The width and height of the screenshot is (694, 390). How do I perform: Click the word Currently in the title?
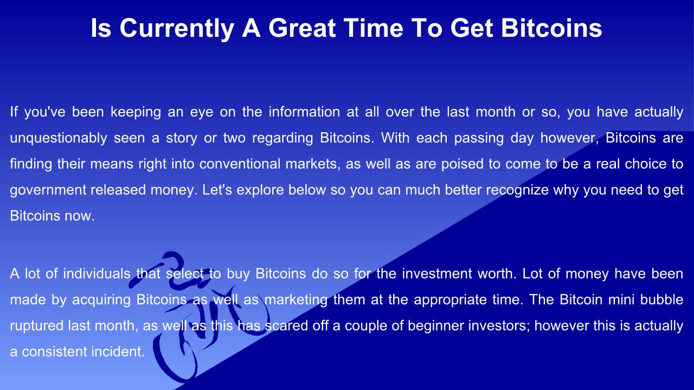coord(177,29)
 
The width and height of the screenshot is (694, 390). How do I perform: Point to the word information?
coord(304,112)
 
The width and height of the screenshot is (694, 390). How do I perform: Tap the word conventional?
coord(240,164)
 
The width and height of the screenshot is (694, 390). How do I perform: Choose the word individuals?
coord(97,274)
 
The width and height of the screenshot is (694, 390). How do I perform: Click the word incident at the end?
coord(114,352)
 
